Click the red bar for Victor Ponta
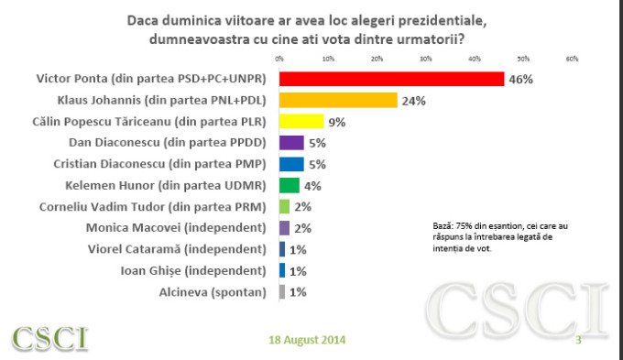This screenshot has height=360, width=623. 391,79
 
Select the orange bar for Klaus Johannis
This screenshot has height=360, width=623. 337,100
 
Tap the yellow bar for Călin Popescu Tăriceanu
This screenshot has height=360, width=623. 301,121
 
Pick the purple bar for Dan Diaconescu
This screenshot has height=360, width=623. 290,143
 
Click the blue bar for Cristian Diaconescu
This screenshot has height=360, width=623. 290,164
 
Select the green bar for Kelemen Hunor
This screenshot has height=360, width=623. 289,185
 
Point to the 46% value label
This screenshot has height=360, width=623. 520,80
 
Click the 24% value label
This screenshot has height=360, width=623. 413,101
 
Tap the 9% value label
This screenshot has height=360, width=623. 337,122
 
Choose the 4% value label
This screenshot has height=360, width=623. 311,186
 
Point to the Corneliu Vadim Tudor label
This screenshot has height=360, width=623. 152,206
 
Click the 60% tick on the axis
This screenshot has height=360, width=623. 572,59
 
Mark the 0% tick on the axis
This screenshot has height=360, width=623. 279,59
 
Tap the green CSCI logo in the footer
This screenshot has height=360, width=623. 50,338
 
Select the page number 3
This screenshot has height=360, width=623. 578,341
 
